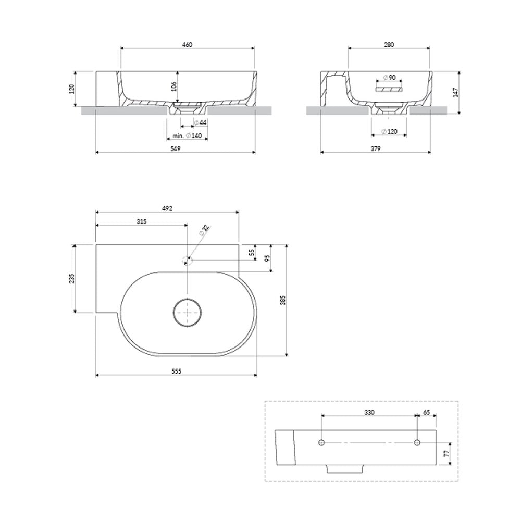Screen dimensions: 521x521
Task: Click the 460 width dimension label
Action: pyautogui.click(x=187, y=44)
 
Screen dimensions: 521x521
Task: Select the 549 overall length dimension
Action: pyautogui.click(x=175, y=148)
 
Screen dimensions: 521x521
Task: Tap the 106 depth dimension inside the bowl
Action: pyautogui.click(x=173, y=86)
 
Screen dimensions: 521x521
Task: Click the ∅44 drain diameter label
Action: pyautogui.click(x=201, y=122)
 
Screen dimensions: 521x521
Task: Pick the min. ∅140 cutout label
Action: pyautogui.click(x=187, y=135)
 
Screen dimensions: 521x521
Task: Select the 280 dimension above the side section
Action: pyautogui.click(x=389, y=44)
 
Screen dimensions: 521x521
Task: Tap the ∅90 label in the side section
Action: pyautogui.click(x=389, y=78)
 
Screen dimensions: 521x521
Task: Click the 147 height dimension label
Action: pyautogui.click(x=456, y=92)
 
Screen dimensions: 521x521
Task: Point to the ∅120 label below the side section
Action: pyautogui.click(x=389, y=132)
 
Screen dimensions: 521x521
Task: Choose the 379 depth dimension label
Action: pyautogui.click(x=376, y=148)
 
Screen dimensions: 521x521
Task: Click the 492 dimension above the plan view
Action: pyautogui.click(x=167, y=208)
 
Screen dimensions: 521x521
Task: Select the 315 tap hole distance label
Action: pyautogui.click(x=142, y=221)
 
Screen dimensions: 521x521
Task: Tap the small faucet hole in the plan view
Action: pyautogui.click(x=188, y=260)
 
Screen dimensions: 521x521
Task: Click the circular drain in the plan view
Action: pyautogui.click(x=188, y=312)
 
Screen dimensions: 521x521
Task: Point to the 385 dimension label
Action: pyautogui.click(x=283, y=301)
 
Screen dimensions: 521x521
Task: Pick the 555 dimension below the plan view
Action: pyautogui.click(x=176, y=371)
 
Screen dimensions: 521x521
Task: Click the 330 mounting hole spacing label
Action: pyautogui.click(x=369, y=412)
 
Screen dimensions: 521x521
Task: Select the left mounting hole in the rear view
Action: pyautogui.click(x=321, y=442)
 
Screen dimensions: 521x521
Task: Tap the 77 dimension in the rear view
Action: pyautogui.click(x=447, y=453)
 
